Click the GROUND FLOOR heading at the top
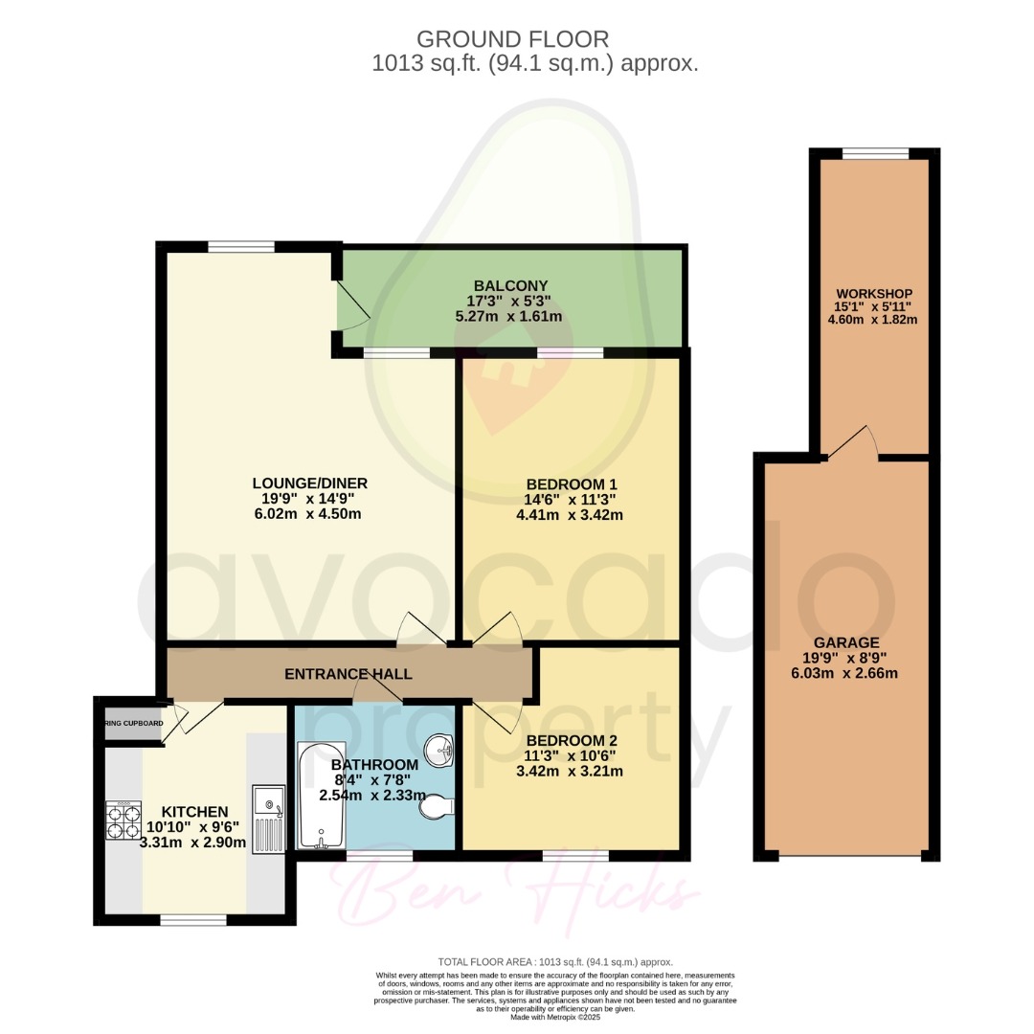tap(512, 39)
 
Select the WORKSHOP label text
tap(873, 293)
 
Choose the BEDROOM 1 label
tap(570, 483)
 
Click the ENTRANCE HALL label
tap(348, 674)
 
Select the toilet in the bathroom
tap(436, 809)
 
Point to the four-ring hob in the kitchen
tap(123, 820)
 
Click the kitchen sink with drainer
tap(268, 817)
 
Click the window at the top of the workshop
tap(875, 153)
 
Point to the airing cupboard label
tap(133, 723)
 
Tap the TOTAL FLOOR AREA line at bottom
tap(554, 961)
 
